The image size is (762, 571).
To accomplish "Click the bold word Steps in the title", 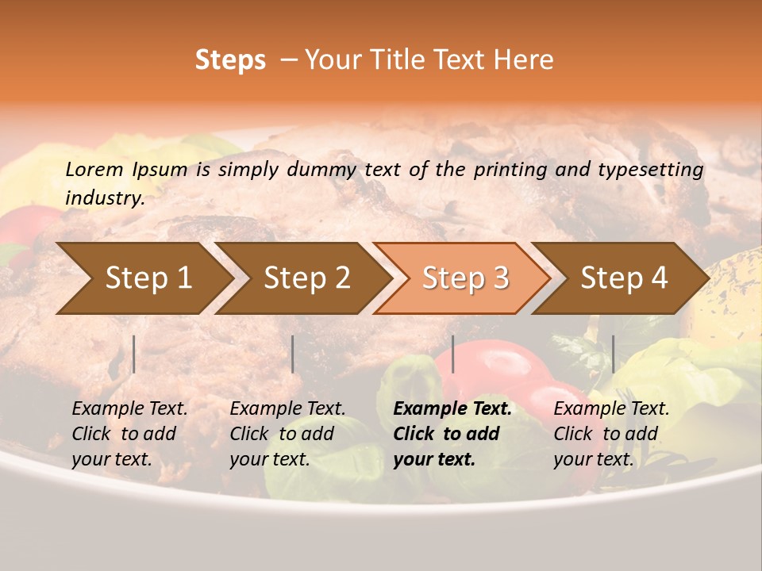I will pyautogui.click(x=230, y=60).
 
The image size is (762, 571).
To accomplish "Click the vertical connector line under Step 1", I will pyautogui.click(x=134, y=354).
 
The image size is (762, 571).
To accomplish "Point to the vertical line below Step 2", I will pyautogui.click(x=293, y=354).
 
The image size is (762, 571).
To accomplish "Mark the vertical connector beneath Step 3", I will pyautogui.click(x=452, y=354).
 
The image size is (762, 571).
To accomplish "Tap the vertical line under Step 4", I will pyautogui.click(x=613, y=354).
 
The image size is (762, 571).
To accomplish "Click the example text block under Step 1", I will pyautogui.click(x=129, y=434).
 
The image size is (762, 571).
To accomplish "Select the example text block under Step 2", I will pyautogui.click(x=287, y=434).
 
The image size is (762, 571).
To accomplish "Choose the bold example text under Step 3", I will pyautogui.click(x=452, y=434).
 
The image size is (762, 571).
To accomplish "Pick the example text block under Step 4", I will pyautogui.click(x=611, y=434).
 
